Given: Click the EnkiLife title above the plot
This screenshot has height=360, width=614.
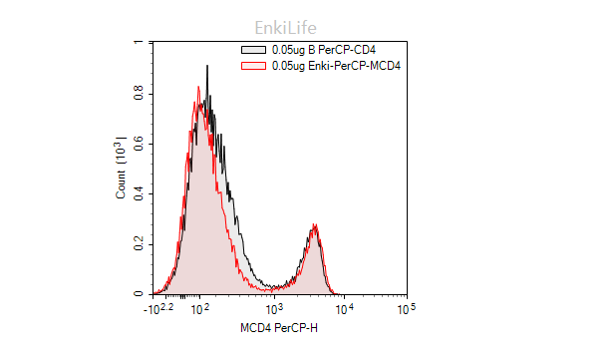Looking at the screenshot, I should pos(285,28).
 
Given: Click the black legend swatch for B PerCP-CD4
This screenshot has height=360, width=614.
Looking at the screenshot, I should pos(254,49).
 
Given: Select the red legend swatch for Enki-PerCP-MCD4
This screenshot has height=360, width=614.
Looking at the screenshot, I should pos(254,65).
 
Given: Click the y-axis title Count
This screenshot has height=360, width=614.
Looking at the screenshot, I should pos(121,170).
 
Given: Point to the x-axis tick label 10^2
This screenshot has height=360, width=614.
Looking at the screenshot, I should pos(199,309).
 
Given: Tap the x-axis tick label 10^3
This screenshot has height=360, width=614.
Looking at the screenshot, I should pos(276,309).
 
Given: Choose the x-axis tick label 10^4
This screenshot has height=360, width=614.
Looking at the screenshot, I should pos(343,309).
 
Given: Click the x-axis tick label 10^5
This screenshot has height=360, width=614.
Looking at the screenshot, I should pos(407,309).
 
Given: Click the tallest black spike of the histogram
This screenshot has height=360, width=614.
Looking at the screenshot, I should pos(206,67).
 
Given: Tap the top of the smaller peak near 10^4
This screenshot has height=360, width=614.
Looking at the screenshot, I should pos(315,226).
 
